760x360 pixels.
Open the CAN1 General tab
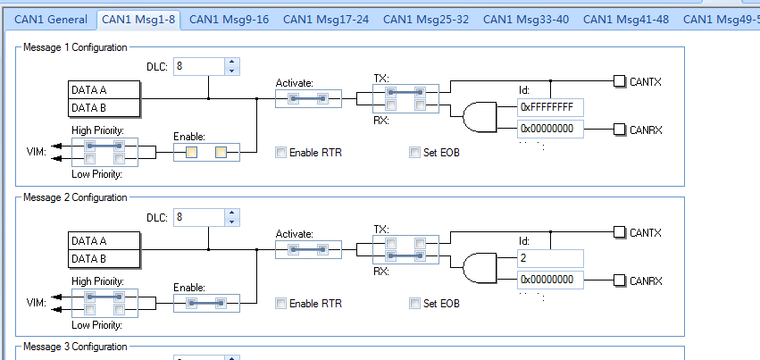click(50, 19)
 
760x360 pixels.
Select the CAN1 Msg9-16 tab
click(229, 19)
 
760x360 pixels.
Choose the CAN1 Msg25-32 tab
click(429, 19)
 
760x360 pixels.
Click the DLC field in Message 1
click(197, 66)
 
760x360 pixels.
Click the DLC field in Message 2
click(197, 217)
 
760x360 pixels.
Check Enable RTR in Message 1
click(281, 153)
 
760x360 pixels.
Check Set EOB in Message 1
click(414, 153)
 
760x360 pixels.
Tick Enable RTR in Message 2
click(281, 304)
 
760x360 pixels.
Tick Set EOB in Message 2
click(414, 304)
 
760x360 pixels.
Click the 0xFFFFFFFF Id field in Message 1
click(549, 107)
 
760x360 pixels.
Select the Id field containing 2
click(549, 258)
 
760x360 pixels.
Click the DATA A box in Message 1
click(104, 90)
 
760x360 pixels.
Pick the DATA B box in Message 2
click(104, 259)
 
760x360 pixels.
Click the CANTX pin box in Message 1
click(620, 82)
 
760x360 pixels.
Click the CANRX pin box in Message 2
click(620, 280)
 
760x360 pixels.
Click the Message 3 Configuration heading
click(75, 347)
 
